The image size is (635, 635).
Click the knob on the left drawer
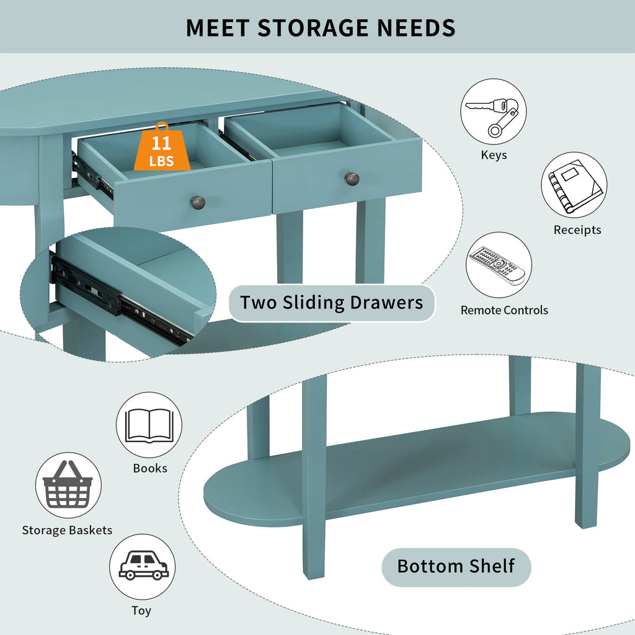[x=198, y=202]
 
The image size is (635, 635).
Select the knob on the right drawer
[x=352, y=179]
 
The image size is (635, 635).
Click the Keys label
[x=494, y=155]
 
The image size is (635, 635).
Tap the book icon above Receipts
[x=575, y=185]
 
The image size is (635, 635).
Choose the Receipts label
[x=577, y=229]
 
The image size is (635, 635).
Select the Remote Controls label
[x=504, y=310]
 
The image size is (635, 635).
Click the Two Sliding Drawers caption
[x=332, y=303]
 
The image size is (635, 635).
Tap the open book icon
[x=149, y=425]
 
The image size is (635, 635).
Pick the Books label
[x=150, y=468]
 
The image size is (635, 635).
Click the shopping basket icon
[x=68, y=484]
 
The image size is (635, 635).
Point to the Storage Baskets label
[x=67, y=530]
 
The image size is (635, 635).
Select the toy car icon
[x=143, y=565]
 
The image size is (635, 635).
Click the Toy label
[x=141, y=610]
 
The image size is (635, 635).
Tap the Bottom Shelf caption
[x=456, y=567]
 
